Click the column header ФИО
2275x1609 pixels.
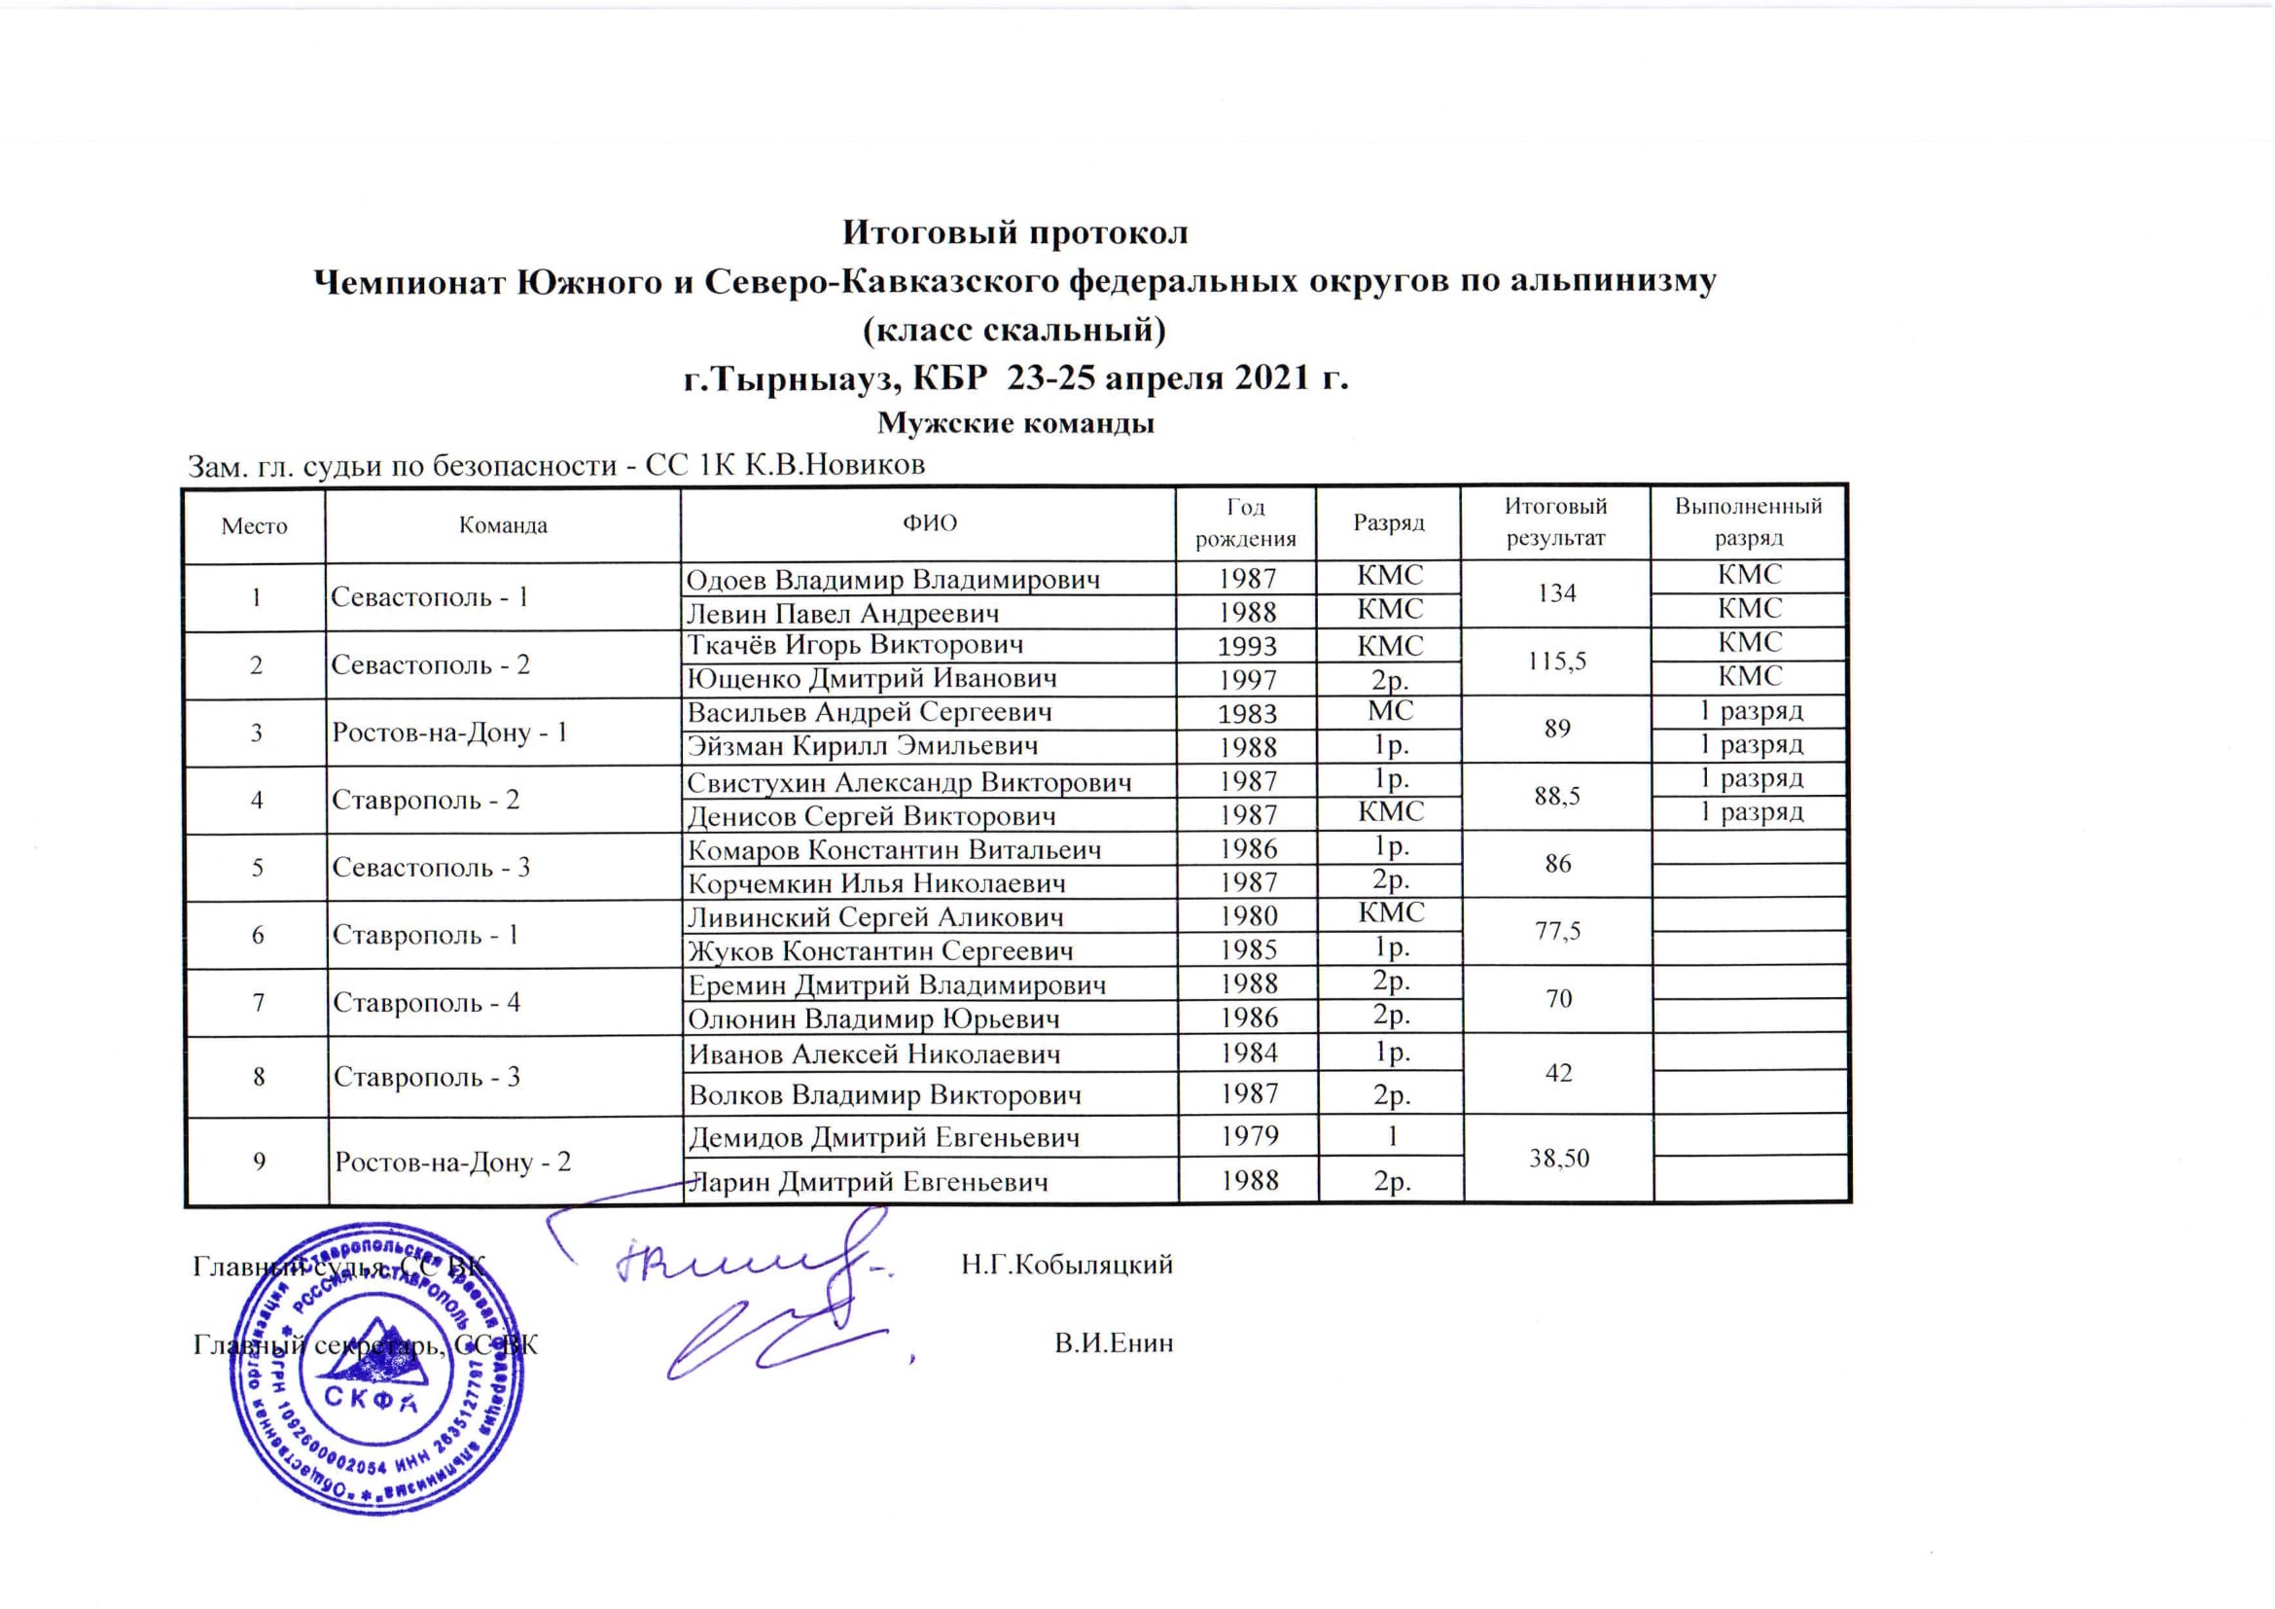(929, 523)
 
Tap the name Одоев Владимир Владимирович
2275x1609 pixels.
(893, 580)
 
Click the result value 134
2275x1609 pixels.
(1555, 593)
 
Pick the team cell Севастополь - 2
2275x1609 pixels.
(430, 664)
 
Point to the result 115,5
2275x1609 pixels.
(1555, 661)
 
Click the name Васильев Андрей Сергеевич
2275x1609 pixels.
(869, 712)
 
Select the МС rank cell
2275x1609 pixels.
(1390, 711)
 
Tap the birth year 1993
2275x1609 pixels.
(1247, 647)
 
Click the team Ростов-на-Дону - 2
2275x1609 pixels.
(452, 1162)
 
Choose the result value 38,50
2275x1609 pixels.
(1558, 1159)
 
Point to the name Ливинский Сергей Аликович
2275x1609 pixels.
(875, 917)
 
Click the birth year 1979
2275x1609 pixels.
(1249, 1135)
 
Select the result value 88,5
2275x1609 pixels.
(1556, 796)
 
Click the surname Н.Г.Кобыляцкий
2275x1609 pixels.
(1066, 1266)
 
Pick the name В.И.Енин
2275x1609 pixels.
(1113, 1343)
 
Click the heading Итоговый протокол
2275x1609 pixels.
(1014, 232)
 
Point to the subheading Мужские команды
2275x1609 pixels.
(1015, 424)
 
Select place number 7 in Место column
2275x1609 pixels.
(258, 1003)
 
